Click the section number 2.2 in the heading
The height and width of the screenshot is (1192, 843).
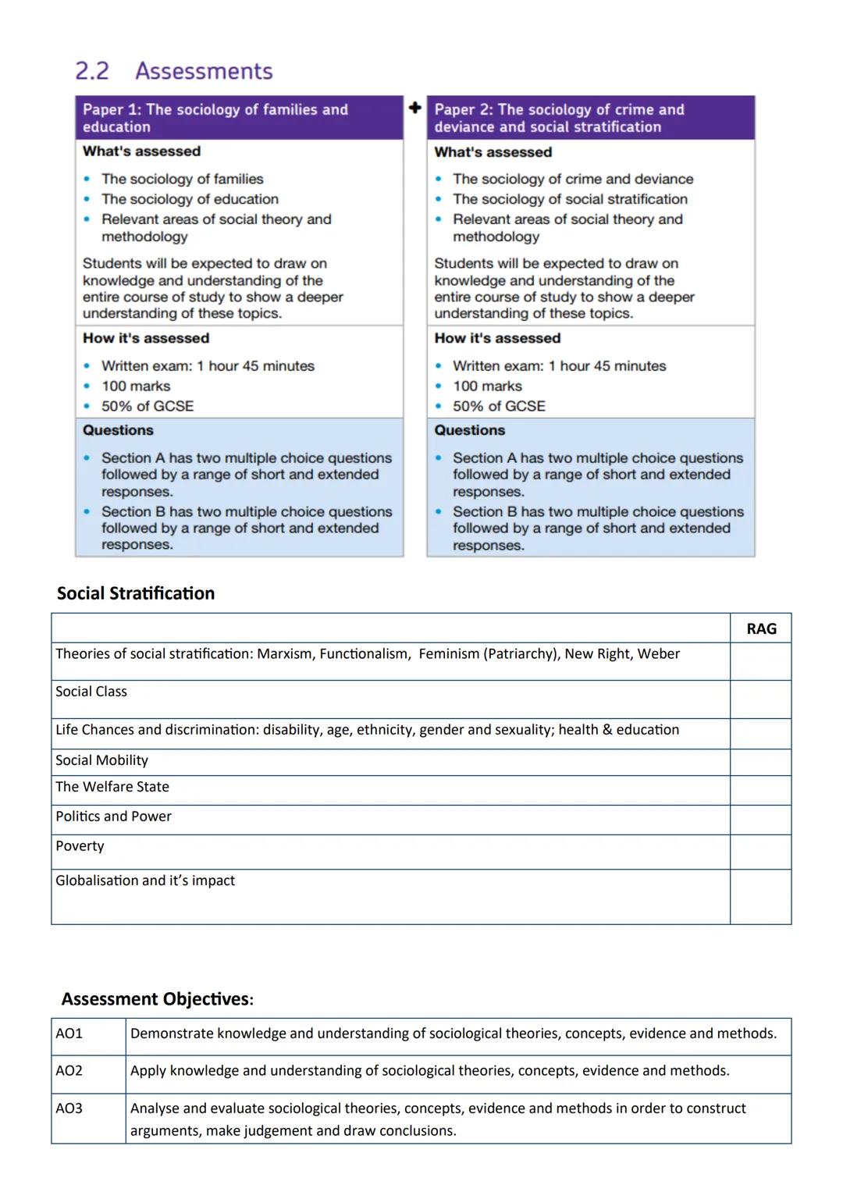pyautogui.click(x=91, y=71)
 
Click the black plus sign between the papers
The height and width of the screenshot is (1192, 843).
pyautogui.click(x=415, y=108)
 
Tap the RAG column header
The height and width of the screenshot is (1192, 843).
pyautogui.click(x=761, y=629)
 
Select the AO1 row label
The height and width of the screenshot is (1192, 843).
pyautogui.click(x=69, y=1034)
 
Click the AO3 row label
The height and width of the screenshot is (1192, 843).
pyautogui.click(x=69, y=1108)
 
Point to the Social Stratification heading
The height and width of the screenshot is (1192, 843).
pyautogui.click(x=136, y=593)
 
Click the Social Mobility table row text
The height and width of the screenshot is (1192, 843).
pyautogui.click(x=101, y=760)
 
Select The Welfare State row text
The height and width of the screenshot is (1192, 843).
pyautogui.click(x=112, y=787)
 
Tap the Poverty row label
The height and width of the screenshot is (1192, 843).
pyautogui.click(x=80, y=846)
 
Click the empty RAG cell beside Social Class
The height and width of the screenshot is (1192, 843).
pyautogui.click(x=761, y=699)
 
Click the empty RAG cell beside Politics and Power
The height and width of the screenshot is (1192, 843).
pyautogui.click(x=761, y=820)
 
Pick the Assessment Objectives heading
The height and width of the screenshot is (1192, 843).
pyautogui.click(x=157, y=999)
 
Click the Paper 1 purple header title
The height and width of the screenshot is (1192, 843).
pyautogui.click(x=215, y=118)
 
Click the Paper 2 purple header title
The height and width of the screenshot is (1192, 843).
pyautogui.click(x=559, y=118)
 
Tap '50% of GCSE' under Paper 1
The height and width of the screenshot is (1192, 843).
pyautogui.click(x=148, y=406)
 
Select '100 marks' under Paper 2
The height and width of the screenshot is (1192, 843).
pyautogui.click(x=487, y=386)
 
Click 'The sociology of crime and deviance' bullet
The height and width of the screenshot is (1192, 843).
pyautogui.click(x=573, y=179)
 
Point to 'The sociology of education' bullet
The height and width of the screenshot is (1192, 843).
pyautogui.click(x=190, y=199)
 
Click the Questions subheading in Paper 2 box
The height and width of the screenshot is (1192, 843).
pyautogui.click(x=469, y=430)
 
